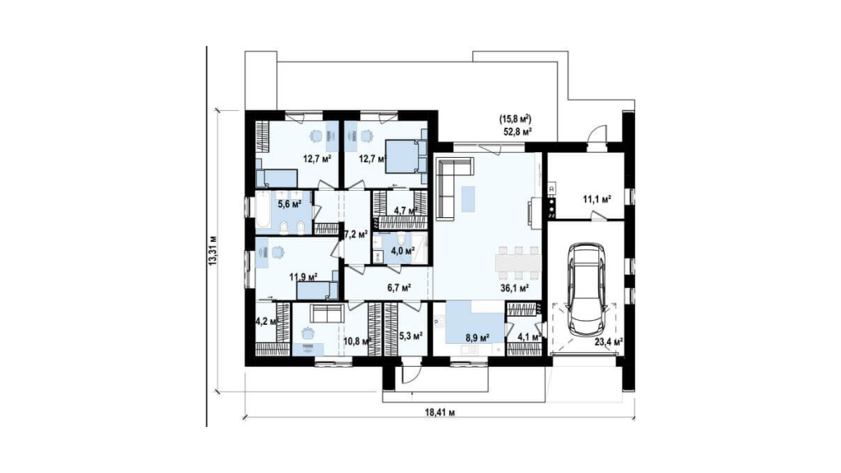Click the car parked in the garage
[587, 290]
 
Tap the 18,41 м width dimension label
[439, 412]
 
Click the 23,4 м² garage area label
[608, 341]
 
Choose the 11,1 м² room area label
[597, 200]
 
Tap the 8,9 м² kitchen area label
[477, 338]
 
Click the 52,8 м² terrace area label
[517, 130]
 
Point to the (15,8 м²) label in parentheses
[515, 118]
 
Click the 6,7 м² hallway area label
[399, 287]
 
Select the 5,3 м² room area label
[411, 336]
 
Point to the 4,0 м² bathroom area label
[402, 250]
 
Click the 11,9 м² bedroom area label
[304, 277]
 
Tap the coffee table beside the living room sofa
[467, 198]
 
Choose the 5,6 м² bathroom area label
[289, 203]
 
